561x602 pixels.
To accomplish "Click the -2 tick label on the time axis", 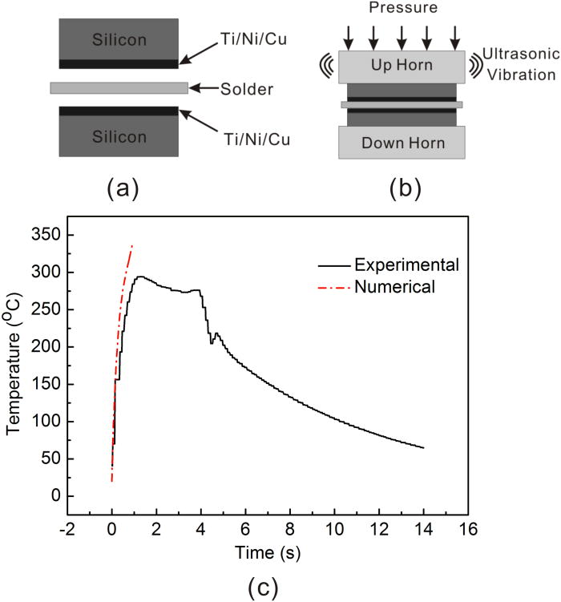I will tap(67, 531).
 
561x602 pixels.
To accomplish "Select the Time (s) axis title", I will tap(268, 553).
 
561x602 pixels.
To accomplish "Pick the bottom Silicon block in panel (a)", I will tap(119, 136).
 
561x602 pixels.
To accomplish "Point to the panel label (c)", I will tap(264, 588).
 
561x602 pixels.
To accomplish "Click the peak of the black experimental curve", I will tap(140, 277).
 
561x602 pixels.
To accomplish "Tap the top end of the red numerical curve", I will tap(132, 245).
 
